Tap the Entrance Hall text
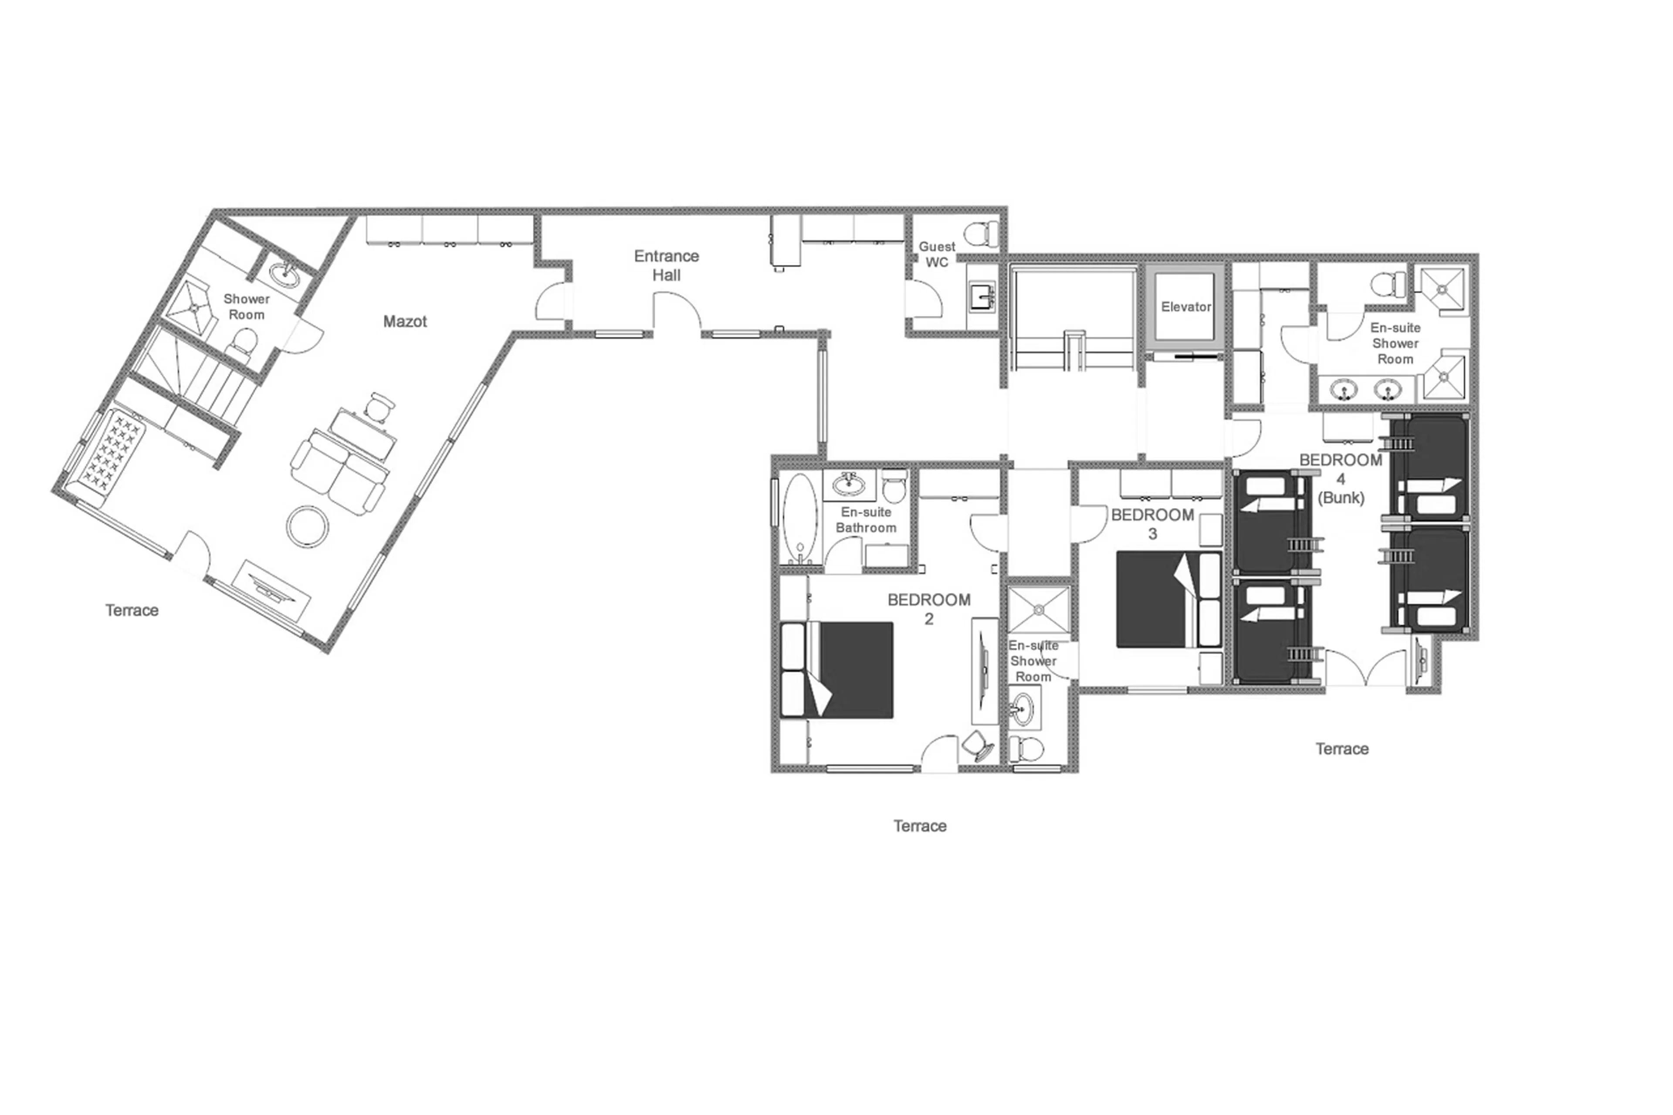(x=666, y=265)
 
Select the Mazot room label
(x=405, y=322)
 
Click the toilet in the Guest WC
(x=982, y=233)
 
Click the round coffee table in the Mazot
(x=308, y=526)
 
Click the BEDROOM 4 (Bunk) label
(x=1340, y=478)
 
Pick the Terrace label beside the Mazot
(x=132, y=610)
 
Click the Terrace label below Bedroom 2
(x=919, y=826)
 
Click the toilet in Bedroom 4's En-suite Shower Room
(x=1388, y=285)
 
